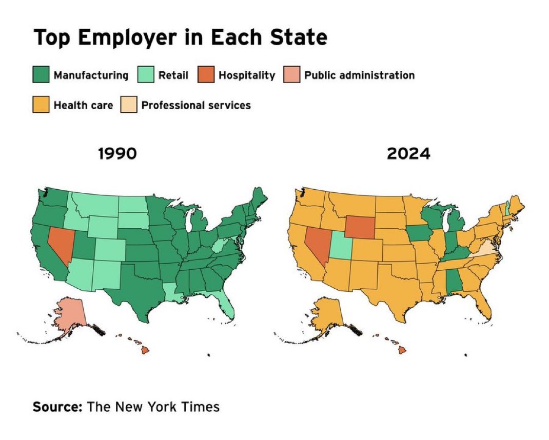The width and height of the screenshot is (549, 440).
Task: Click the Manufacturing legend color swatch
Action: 42,75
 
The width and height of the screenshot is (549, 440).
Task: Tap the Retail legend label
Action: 173,75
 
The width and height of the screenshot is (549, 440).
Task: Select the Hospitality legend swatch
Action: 205,75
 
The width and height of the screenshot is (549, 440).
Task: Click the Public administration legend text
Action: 359,75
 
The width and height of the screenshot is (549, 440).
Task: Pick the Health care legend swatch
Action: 42,105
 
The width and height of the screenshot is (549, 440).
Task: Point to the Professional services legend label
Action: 196,105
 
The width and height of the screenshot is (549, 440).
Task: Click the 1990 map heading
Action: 117,153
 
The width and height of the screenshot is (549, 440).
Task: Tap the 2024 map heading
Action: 408,153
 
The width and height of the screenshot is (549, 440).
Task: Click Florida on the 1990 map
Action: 227,306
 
